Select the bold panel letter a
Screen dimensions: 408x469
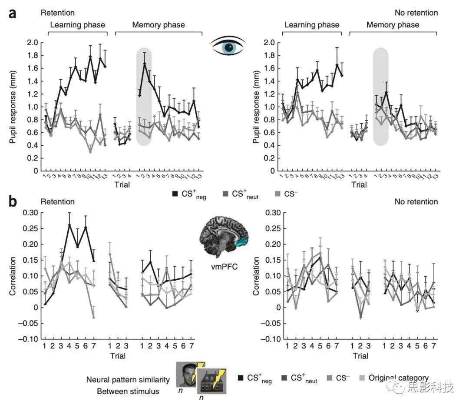point(13,13)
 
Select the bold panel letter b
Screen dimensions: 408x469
point(13,201)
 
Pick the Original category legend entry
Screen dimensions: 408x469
point(398,378)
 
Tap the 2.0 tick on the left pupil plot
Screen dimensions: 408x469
point(32,43)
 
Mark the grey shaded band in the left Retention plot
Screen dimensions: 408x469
point(144,97)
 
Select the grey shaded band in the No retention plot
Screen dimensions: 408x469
point(380,97)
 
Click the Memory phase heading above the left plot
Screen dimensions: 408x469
point(159,25)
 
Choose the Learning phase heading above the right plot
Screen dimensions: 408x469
point(312,25)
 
